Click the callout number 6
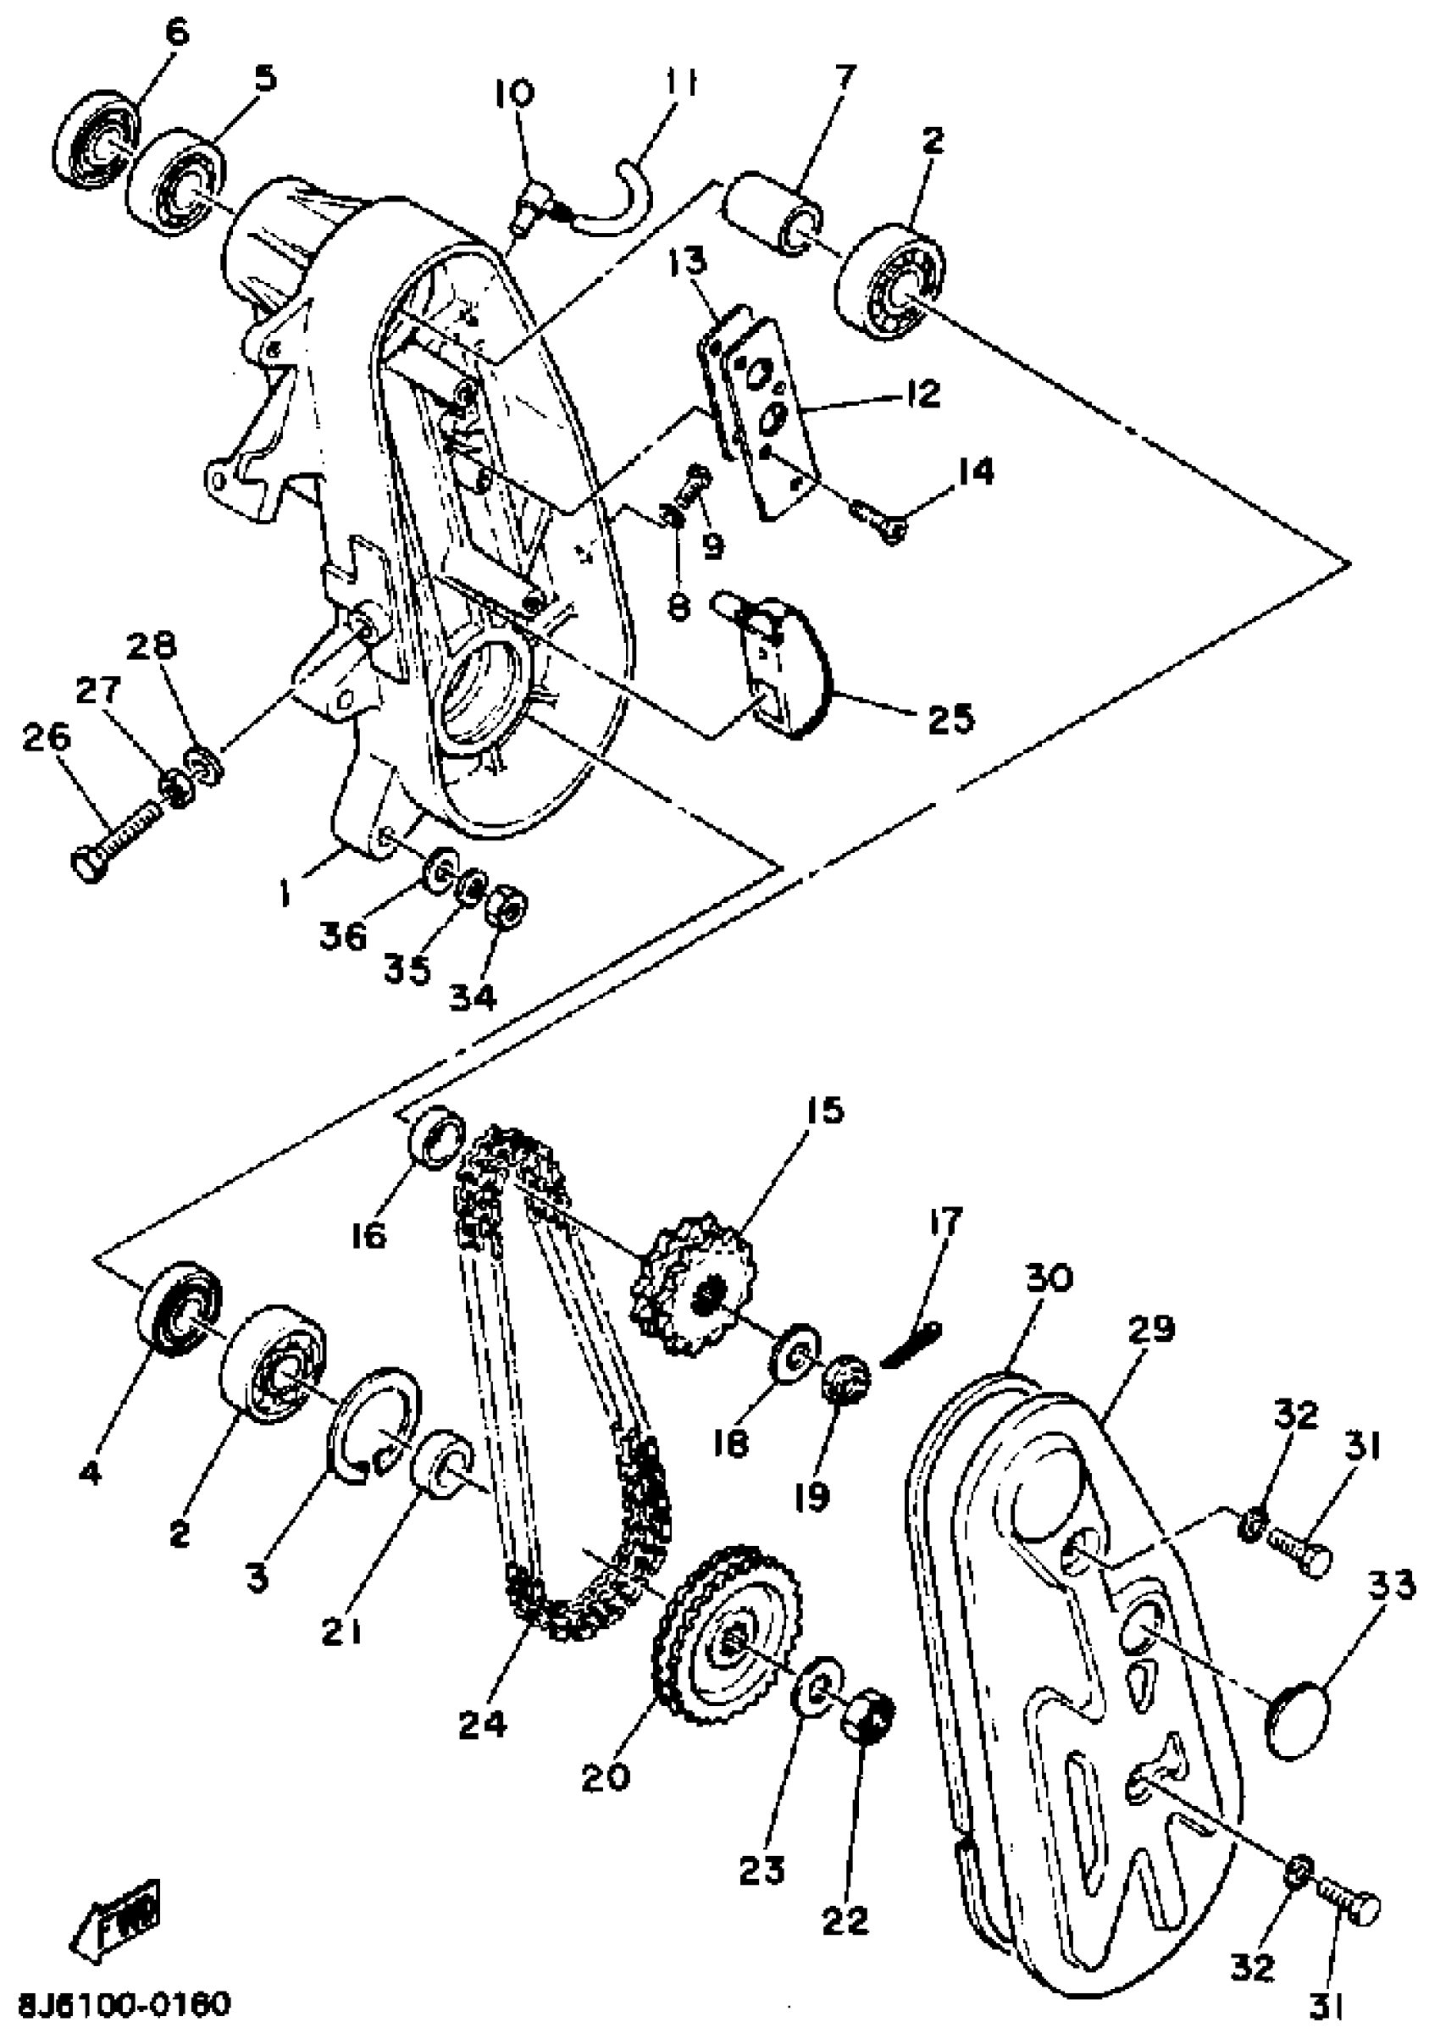(176, 33)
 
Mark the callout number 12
(923, 393)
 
